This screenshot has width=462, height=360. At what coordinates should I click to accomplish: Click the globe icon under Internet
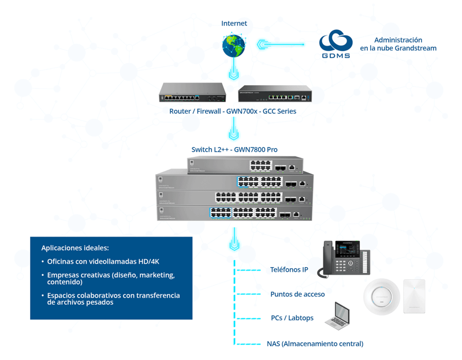click(234, 46)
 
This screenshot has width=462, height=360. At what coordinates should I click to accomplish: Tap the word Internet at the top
click(234, 23)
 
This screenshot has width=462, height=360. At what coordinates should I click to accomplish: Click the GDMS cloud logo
click(336, 44)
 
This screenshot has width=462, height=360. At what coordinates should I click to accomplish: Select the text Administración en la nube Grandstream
click(398, 44)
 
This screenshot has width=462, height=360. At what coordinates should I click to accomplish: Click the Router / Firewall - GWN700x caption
click(233, 111)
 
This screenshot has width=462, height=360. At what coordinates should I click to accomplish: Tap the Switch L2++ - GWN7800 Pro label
click(234, 149)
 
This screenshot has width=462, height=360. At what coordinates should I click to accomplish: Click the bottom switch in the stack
click(234, 213)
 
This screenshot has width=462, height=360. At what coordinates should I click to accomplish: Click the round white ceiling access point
click(381, 297)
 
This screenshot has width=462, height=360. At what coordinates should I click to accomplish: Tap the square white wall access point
click(414, 295)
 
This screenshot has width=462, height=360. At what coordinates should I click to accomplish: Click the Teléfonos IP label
click(289, 269)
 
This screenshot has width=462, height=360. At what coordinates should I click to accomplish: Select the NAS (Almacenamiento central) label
click(315, 343)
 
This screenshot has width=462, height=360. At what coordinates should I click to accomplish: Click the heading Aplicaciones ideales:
click(75, 248)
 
